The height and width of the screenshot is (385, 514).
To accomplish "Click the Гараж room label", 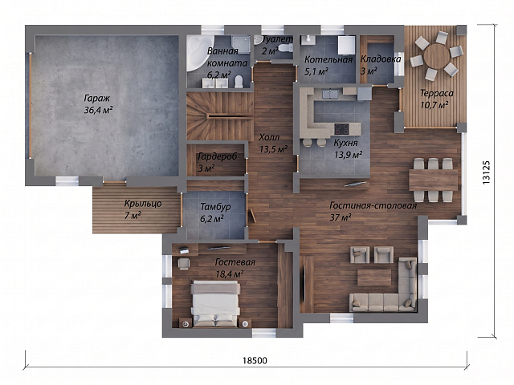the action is (x=97, y=98).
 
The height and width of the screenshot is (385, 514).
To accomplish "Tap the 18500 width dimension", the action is (x=255, y=360).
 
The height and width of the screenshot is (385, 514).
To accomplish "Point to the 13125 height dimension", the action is (x=486, y=172).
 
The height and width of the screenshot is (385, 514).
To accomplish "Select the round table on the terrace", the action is (x=436, y=56).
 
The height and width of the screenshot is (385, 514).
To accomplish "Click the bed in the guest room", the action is (x=215, y=304).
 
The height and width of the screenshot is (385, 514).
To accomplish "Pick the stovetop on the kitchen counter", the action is (x=342, y=128).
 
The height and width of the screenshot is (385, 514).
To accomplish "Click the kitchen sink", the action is (x=330, y=94).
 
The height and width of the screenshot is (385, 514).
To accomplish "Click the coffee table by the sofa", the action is (x=374, y=278).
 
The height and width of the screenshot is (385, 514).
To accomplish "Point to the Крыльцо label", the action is (x=143, y=204).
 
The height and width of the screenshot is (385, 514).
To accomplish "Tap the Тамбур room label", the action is (x=215, y=207).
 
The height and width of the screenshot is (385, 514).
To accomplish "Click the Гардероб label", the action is (x=217, y=157).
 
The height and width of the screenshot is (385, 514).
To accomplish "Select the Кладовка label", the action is (x=381, y=59).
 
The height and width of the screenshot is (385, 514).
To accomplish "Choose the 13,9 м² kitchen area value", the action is (x=348, y=154).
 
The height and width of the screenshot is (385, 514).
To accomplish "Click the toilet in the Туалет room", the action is (x=285, y=48).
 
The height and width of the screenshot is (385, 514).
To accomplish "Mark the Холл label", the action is (x=269, y=137).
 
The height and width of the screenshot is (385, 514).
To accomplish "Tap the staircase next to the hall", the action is (x=219, y=116).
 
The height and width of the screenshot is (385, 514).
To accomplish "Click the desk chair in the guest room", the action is (x=184, y=264).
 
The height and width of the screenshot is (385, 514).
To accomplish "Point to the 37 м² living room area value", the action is (x=341, y=217).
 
